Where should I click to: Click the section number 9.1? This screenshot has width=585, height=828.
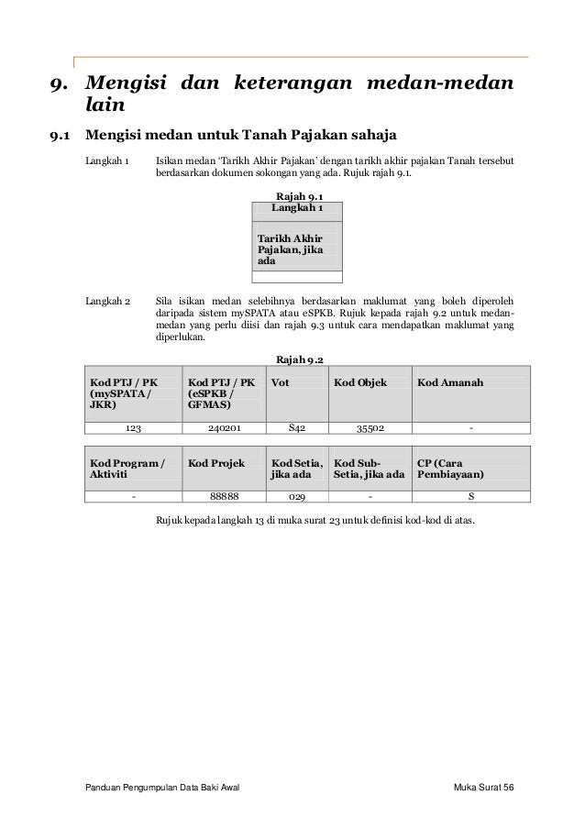(x=61, y=138)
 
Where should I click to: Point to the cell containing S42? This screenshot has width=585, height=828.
(x=297, y=426)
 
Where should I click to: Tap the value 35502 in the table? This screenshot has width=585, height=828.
(x=370, y=426)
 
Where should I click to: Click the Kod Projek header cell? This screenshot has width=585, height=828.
(x=214, y=464)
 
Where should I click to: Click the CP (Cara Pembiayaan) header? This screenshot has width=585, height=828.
(x=449, y=469)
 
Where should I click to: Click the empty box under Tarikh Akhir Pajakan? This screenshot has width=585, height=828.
(x=297, y=276)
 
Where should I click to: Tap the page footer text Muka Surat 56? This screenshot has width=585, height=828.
(x=484, y=790)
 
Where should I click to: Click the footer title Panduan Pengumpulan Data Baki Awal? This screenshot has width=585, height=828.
(x=161, y=790)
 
